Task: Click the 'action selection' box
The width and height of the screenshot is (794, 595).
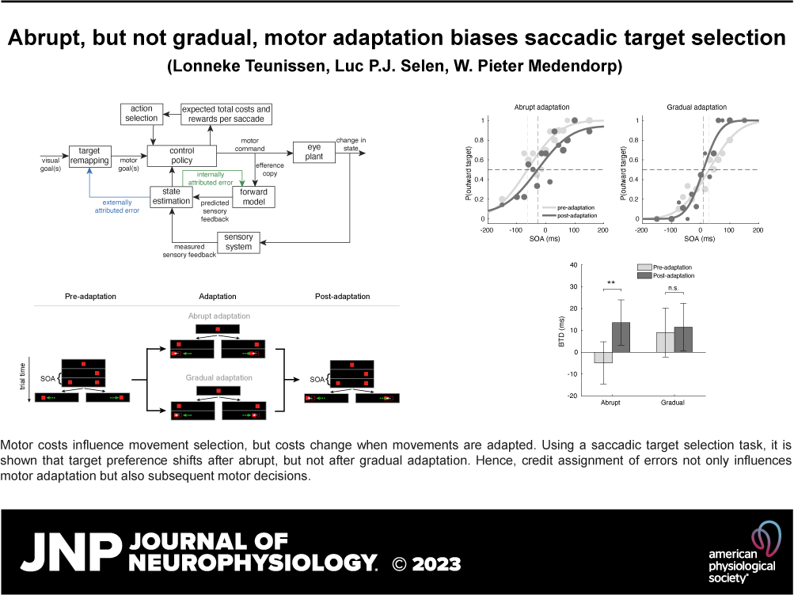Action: pyautogui.click(x=142, y=114)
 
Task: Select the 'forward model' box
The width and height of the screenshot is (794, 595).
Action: pyautogui.click(x=253, y=196)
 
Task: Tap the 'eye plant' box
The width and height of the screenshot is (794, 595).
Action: pyautogui.click(x=313, y=151)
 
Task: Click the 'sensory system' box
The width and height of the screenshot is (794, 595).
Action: pyautogui.click(x=238, y=242)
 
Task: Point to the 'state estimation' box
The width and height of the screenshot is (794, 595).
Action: pyautogui.click(x=172, y=196)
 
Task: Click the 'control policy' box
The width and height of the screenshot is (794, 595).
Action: pyautogui.click(x=180, y=156)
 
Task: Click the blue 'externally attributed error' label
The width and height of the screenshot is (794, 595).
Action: pyautogui.click(x=119, y=207)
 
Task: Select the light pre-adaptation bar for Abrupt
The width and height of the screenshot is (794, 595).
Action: pyautogui.click(x=603, y=358)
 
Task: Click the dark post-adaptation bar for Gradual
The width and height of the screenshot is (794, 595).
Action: pyautogui.click(x=683, y=339)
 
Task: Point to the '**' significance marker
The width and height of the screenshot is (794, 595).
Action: pyautogui.click(x=612, y=283)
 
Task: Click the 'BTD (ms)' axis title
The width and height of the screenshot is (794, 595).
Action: pyautogui.click(x=562, y=332)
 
